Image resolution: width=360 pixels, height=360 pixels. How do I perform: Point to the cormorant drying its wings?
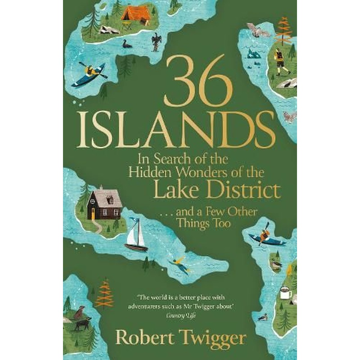tap(156, 42)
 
